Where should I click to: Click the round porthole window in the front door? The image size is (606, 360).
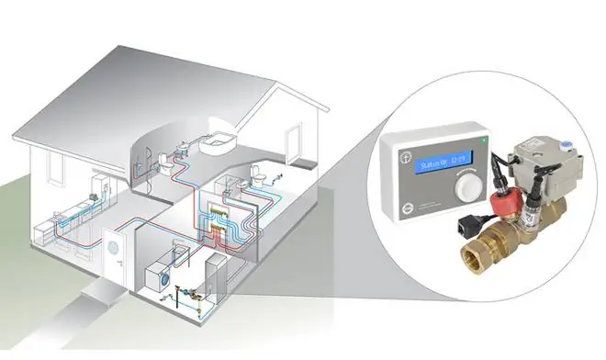tap(115, 245)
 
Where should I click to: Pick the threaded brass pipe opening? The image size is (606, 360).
tap(477, 256)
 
